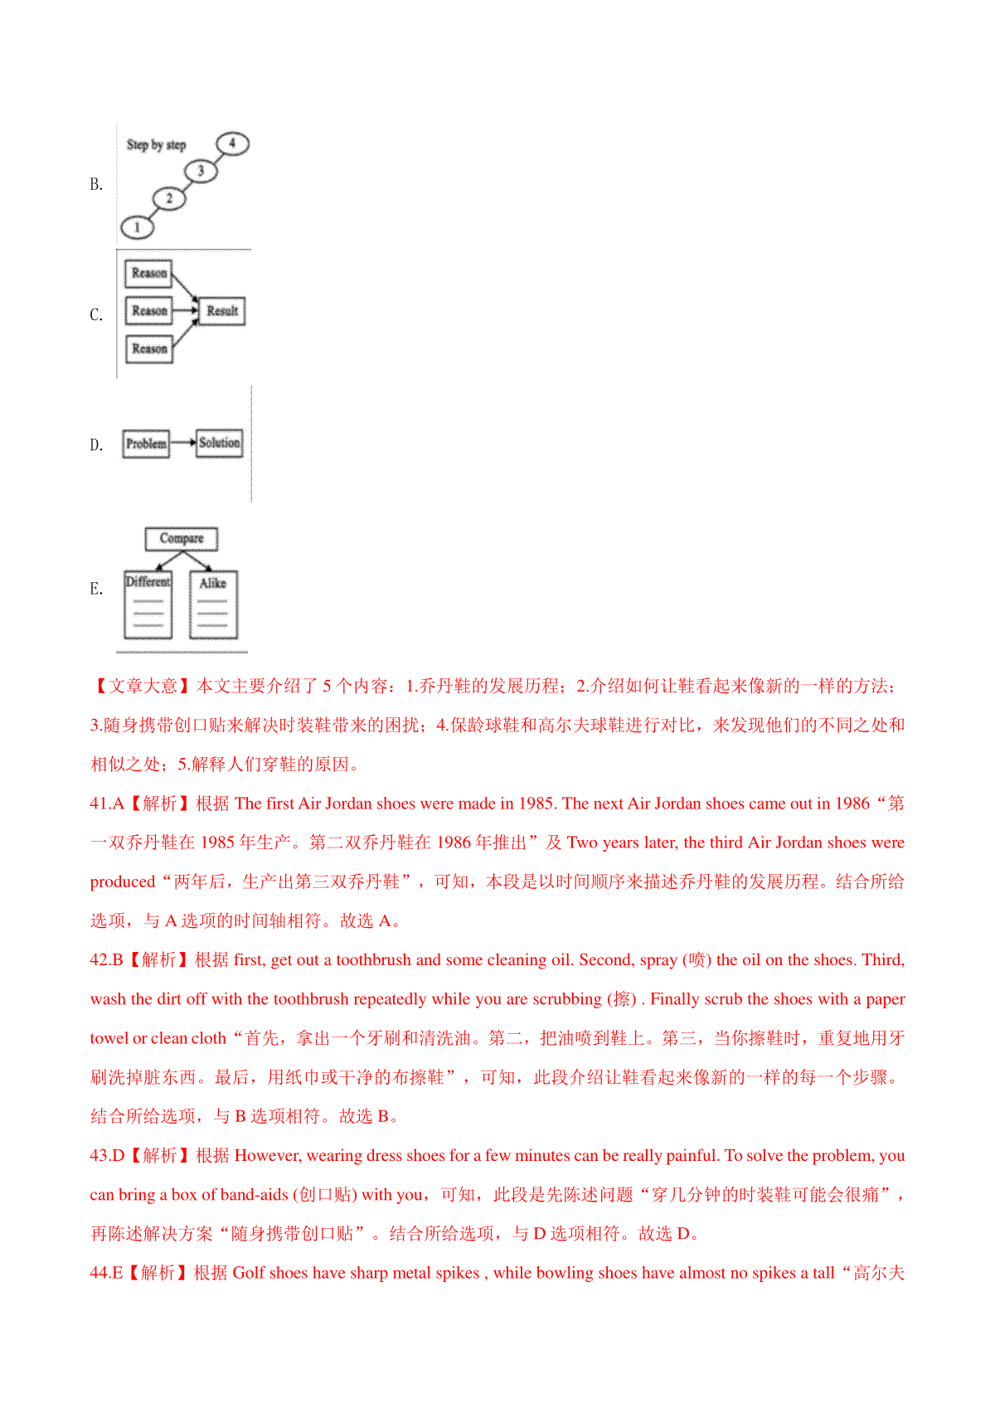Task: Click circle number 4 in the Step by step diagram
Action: coord(232,143)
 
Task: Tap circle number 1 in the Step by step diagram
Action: coord(138,226)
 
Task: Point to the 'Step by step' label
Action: coord(156,145)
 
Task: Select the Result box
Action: coord(222,311)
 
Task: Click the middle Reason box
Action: coord(149,311)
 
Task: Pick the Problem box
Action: coord(146,444)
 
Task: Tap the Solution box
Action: coord(220,443)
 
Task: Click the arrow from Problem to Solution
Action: coord(182,443)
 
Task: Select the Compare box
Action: coord(182,538)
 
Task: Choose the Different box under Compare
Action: coord(148,604)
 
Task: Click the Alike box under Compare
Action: coord(213,604)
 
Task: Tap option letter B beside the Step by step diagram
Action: coord(96,184)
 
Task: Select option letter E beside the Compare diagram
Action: coord(96,589)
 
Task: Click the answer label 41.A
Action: coord(107,804)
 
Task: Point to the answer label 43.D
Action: coord(107,1156)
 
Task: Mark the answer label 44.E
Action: coord(106,1273)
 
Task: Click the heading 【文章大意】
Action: coord(141,687)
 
